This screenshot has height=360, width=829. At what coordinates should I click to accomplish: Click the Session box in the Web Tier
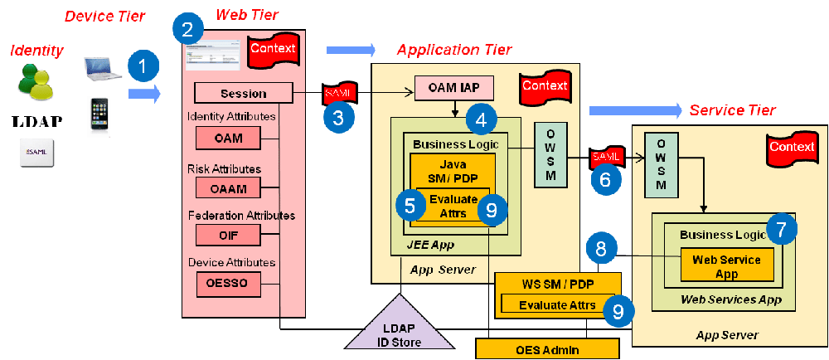tap(244, 93)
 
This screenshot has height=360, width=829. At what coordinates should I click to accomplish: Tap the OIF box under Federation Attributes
tap(228, 236)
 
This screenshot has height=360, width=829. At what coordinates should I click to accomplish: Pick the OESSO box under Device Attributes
tap(228, 284)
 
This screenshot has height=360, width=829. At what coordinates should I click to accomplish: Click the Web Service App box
tap(727, 265)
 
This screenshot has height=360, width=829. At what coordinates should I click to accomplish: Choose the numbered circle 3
tap(337, 117)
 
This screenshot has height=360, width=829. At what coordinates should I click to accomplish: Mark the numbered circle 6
tap(605, 179)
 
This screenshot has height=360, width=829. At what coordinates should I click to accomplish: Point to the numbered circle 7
tap(781, 228)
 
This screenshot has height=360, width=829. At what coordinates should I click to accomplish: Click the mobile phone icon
tap(100, 114)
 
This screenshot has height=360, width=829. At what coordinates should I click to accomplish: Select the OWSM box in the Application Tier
tap(548, 154)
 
